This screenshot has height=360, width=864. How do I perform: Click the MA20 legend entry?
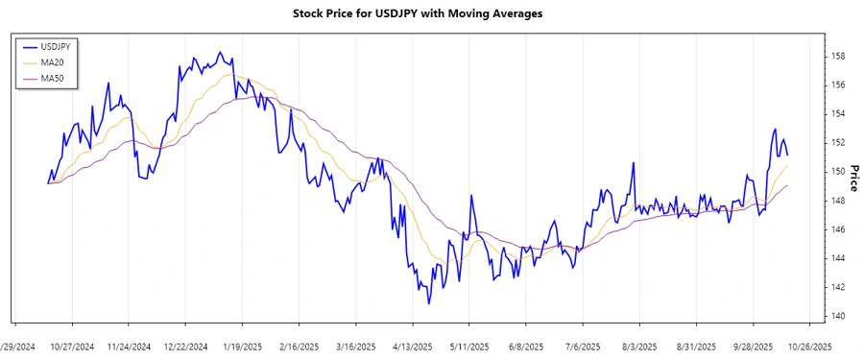pos(51,62)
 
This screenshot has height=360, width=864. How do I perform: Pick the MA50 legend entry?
pos(51,79)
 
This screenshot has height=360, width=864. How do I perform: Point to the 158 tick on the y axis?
pos(838,57)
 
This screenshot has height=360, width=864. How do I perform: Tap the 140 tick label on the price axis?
pos(838,316)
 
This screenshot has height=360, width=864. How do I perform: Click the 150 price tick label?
pos(838,172)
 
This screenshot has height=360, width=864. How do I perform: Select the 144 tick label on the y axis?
pos(838,258)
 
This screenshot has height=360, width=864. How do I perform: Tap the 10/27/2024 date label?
pos(72,346)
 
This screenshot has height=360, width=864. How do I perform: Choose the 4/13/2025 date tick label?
pos(412,346)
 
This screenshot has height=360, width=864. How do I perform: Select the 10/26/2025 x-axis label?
pos(809,346)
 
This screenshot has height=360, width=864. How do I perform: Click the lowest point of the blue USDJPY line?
pos(428,304)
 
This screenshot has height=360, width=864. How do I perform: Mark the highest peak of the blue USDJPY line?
pos(219,52)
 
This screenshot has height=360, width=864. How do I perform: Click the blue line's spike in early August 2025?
pos(635,162)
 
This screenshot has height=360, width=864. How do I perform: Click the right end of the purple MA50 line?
pos(788,185)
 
